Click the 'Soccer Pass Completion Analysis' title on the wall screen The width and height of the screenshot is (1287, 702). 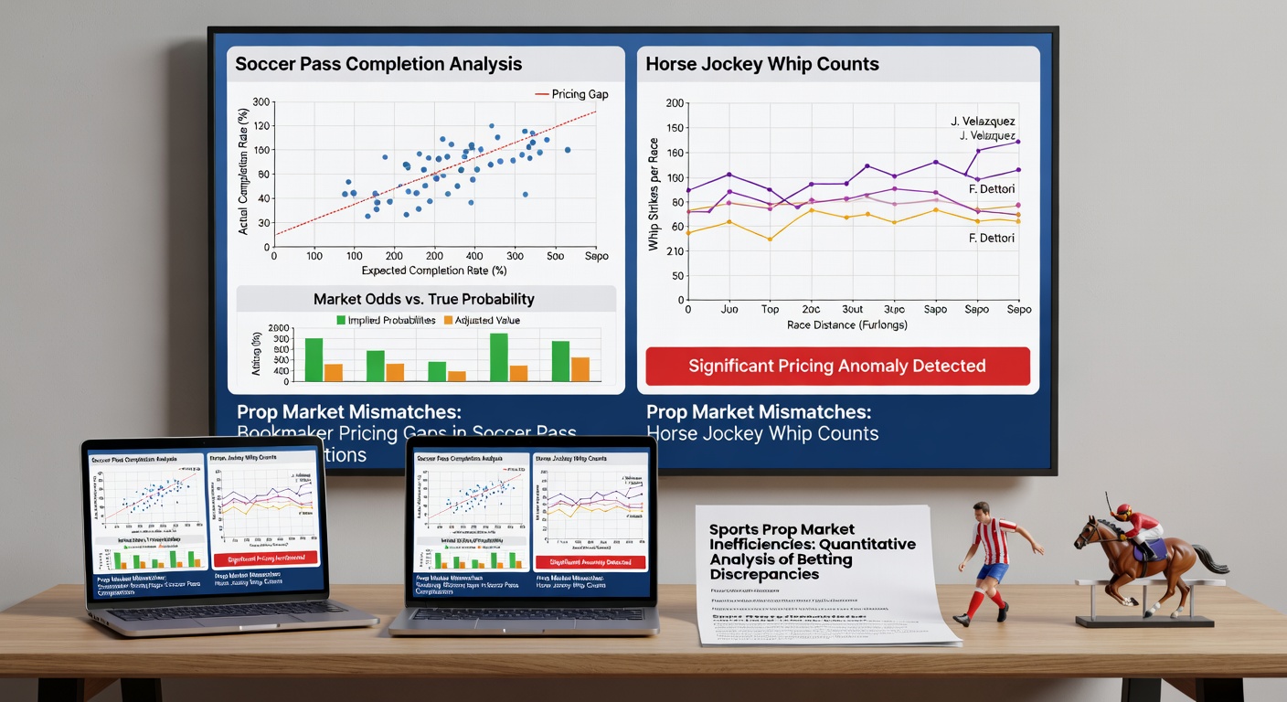pyautogui.click(x=378, y=64)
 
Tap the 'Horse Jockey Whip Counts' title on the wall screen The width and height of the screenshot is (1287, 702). pyautogui.click(x=762, y=64)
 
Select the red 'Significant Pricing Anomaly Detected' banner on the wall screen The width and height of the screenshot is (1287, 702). pyautogui.click(x=837, y=366)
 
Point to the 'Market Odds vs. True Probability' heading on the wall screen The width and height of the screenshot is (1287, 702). pyautogui.click(x=423, y=299)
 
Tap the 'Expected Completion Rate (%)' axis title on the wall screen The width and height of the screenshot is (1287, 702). pyautogui.click(x=433, y=271)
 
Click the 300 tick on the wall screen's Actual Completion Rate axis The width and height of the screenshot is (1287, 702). pyautogui.click(x=261, y=102)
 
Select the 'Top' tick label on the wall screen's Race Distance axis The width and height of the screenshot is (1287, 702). pyautogui.click(x=770, y=309)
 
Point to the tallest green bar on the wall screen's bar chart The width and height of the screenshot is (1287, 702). pyautogui.click(x=499, y=356)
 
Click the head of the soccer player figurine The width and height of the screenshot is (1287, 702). pyautogui.click(x=982, y=510)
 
